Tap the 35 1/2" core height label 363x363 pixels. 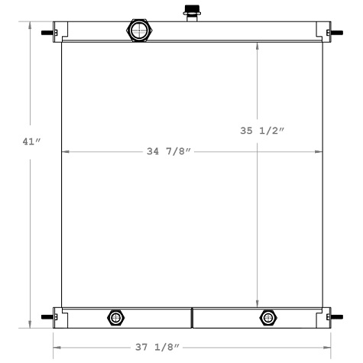point(262,131)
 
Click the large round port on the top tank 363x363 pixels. point(140,31)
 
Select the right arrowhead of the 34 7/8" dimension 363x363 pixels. point(319,152)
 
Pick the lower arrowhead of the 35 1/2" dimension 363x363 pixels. point(258,303)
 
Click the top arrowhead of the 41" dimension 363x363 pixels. point(31,25)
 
